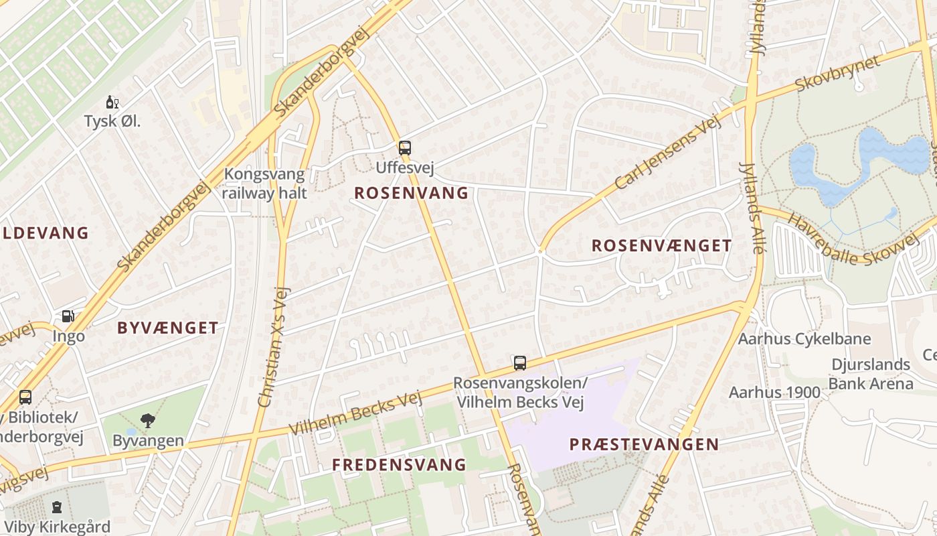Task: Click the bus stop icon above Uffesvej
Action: pos(404,147)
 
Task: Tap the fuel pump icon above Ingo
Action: pos(68,316)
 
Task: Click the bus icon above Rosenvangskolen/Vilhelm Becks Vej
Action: pos(519,363)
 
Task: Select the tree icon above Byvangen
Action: pos(147,421)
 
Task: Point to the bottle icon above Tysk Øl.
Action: pos(112,103)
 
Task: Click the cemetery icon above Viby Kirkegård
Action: pos(57,507)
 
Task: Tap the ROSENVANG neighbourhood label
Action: pos(411,193)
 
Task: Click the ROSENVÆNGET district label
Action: pos(661,246)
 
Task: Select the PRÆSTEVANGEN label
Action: pos(644,444)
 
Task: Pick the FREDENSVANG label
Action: pos(399,464)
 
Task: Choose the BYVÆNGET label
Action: pos(167,328)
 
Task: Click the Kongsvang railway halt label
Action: pos(265,184)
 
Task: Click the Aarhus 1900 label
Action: pos(774,392)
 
